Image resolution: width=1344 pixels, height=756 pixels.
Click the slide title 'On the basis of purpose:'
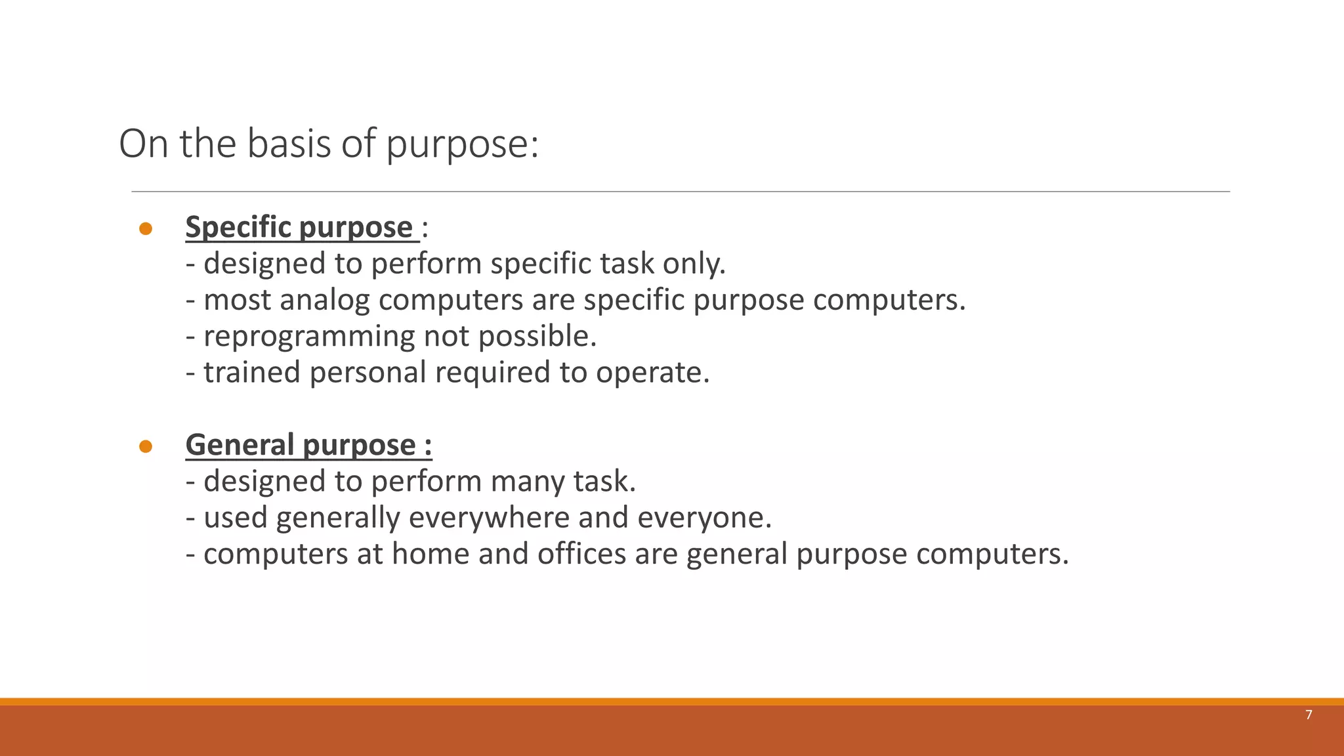point(328,144)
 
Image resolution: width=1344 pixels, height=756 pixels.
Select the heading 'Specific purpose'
point(299,227)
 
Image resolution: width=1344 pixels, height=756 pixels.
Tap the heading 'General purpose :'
point(308,445)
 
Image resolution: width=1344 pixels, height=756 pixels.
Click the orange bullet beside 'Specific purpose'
point(146,228)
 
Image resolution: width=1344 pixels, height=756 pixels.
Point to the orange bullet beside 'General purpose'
point(146,446)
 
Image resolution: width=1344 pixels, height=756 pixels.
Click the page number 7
point(1309,715)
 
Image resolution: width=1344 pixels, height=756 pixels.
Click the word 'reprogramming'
point(309,337)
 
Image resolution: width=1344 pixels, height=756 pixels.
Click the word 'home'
point(430,554)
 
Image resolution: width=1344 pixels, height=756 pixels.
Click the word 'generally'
point(338,518)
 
